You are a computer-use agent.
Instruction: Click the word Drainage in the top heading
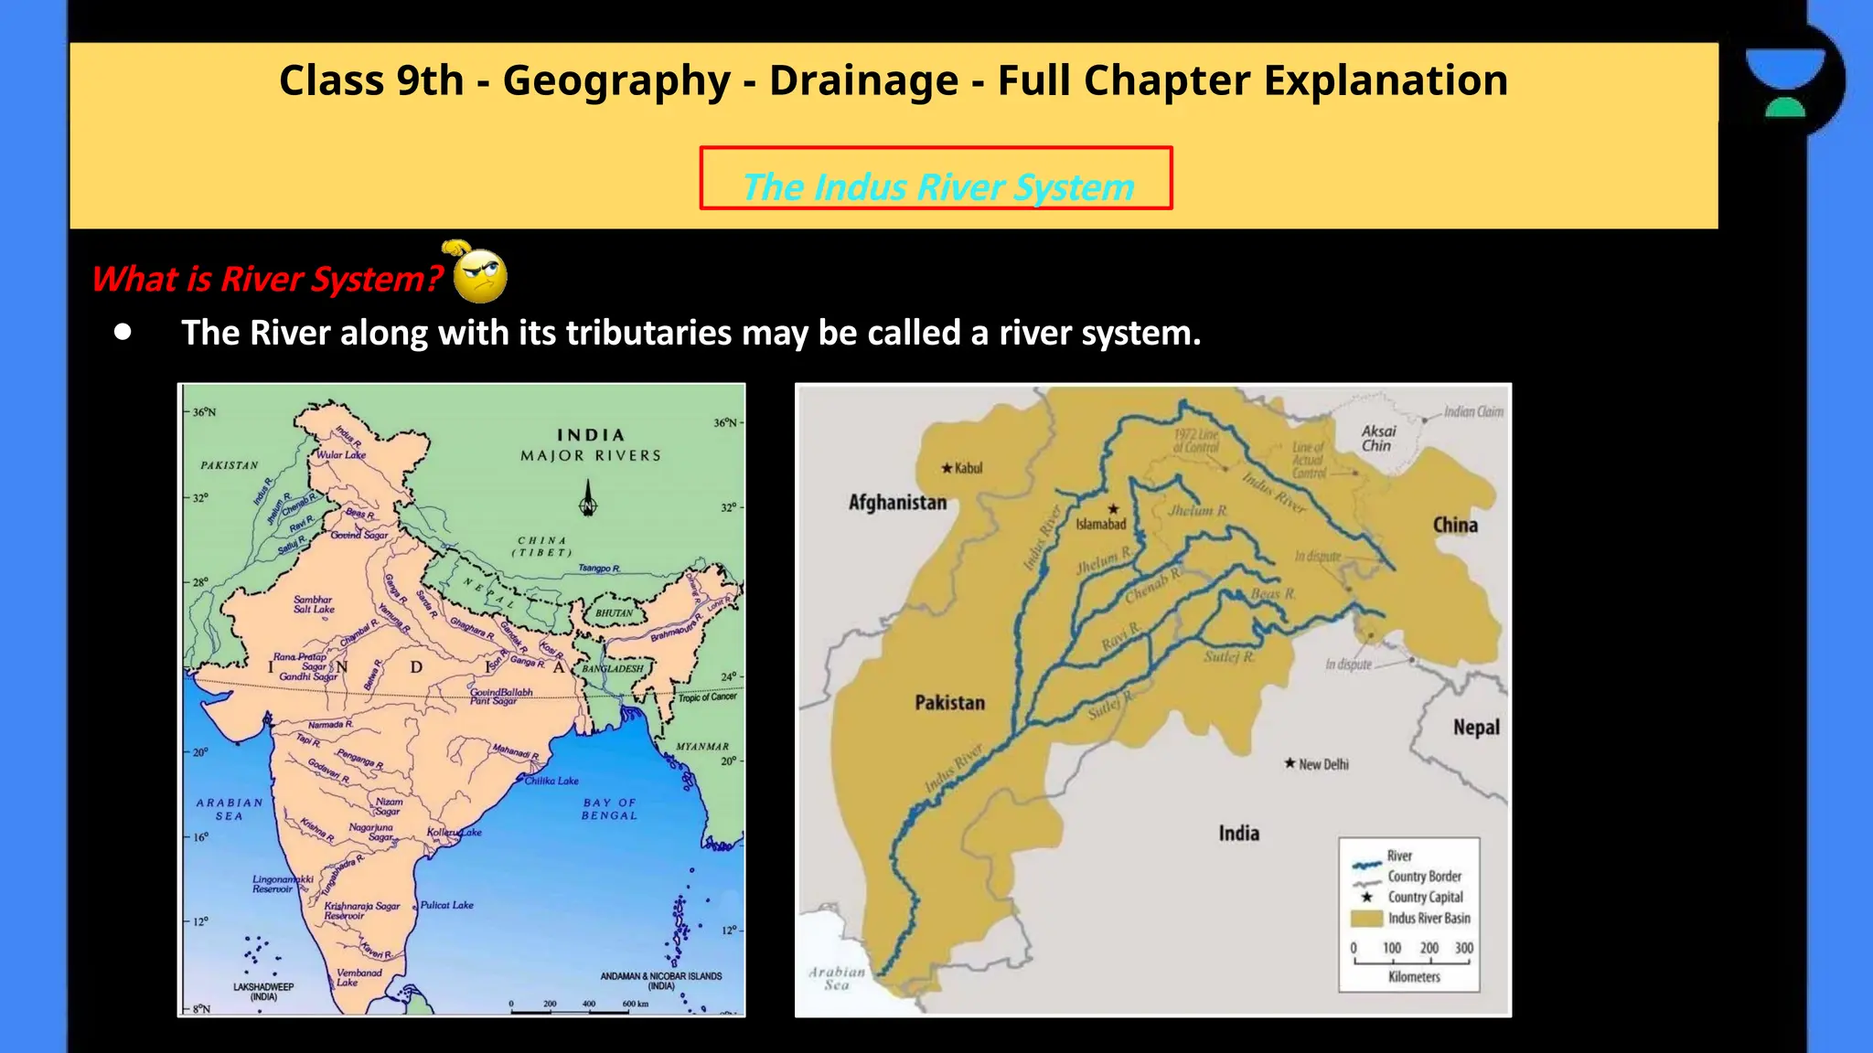coord(863,80)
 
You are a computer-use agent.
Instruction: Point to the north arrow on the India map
coord(588,499)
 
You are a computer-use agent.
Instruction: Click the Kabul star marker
coord(947,468)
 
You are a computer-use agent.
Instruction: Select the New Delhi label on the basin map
coord(1322,764)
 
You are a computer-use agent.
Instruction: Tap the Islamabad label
coord(1100,524)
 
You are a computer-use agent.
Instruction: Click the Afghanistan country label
coord(897,502)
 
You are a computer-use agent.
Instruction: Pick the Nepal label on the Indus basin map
coord(1476,728)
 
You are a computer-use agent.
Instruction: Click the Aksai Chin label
coord(1378,438)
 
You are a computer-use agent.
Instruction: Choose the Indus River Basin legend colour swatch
coord(1365,918)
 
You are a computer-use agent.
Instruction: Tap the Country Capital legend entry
coord(1425,897)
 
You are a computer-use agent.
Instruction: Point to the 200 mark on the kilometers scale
coord(1429,948)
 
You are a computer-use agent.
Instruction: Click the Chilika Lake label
coord(551,781)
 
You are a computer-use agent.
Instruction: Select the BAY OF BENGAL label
coord(609,809)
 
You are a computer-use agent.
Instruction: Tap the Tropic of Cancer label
coord(707,697)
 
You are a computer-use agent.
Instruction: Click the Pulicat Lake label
coord(447,905)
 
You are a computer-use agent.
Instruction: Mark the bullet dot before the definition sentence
coord(123,333)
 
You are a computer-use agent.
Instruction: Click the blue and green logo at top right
coord(1784,81)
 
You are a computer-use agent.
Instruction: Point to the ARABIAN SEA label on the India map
coord(230,809)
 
